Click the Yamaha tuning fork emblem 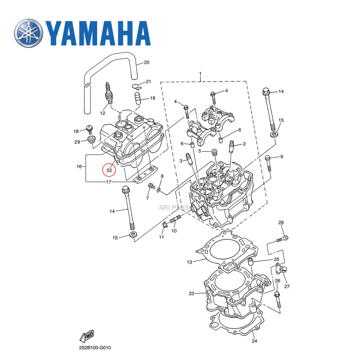point(29,33)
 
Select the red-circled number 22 point(109,170)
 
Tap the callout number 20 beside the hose point(146,63)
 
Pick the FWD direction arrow point(86,337)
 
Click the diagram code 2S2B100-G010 point(95,348)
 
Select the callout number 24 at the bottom point(255,341)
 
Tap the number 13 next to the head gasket point(190,262)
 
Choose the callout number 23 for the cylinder point(191,293)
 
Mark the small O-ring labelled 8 point(159,189)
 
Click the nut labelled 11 point(163,226)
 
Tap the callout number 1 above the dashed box point(201,74)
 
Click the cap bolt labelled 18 point(89,129)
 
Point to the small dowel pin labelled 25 point(253,261)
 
